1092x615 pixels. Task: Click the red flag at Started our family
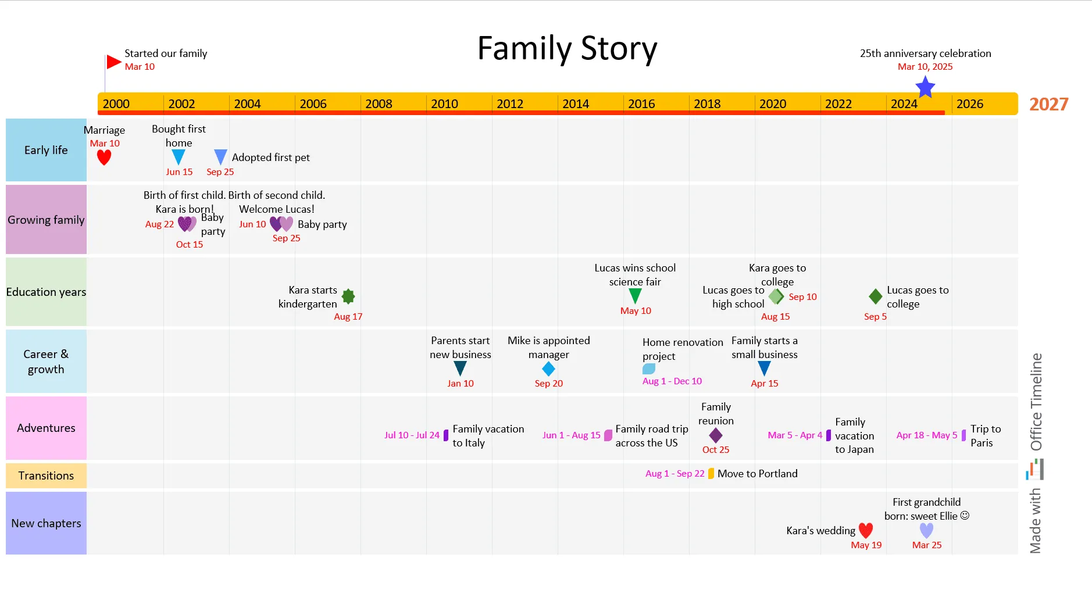pyautogui.click(x=113, y=62)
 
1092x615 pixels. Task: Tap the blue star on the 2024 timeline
pyautogui.click(x=925, y=88)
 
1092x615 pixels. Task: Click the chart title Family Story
pyautogui.click(x=567, y=48)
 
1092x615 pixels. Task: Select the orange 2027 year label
pyautogui.click(x=1048, y=104)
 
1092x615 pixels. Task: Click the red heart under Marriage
pyautogui.click(x=104, y=158)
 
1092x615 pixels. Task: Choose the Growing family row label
pyautogui.click(x=46, y=220)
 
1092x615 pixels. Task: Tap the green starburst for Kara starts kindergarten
pyautogui.click(x=348, y=296)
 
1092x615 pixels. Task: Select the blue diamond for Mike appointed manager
pyautogui.click(x=548, y=369)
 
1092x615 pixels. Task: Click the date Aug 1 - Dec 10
pyautogui.click(x=672, y=381)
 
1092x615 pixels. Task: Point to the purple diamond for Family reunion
pyautogui.click(x=716, y=435)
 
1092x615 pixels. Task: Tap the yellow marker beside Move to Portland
pyautogui.click(x=711, y=474)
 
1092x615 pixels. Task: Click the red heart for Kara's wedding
pyautogui.click(x=866, y=530)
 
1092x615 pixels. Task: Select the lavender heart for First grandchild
pyautogui.click(x=926, y=530)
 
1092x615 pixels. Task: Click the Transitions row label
pyautogui.click(x=46, y=475)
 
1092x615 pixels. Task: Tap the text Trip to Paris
pyautogui.click(x=985, y=435)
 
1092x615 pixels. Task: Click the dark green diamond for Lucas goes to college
pyautogui.click(x=875, y=296)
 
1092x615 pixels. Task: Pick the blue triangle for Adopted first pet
pyautogui.click(x=220, y=157)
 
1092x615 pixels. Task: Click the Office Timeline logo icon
pyautogui.click(x=1034, y=470)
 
